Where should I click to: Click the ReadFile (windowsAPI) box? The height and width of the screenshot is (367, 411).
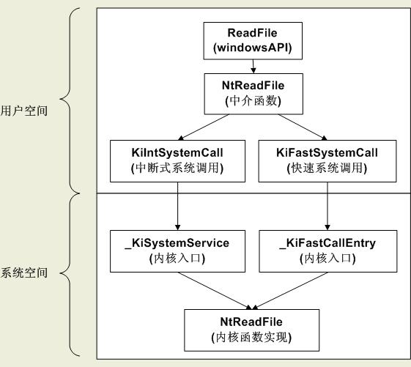click(253, 40)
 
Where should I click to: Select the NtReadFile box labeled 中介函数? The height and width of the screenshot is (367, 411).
click(253, 94)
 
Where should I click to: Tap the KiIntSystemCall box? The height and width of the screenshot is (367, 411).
click(178, 161)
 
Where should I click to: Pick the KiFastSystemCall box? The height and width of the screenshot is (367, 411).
click(327, 161)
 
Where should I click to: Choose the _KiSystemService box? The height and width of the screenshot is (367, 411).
click(178, 251)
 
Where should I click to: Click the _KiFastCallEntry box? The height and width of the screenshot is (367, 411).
click(328, 251)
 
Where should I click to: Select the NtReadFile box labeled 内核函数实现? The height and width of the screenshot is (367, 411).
click(251, 330)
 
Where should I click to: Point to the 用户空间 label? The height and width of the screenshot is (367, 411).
click(24, 111)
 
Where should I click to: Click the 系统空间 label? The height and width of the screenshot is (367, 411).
click(24, 273)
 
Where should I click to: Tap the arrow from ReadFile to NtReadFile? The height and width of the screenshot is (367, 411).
click(253, 67)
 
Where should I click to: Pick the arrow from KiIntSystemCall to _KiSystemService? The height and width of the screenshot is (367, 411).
click(178, 206)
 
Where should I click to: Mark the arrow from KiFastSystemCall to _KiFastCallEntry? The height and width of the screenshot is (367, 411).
click(327, 206)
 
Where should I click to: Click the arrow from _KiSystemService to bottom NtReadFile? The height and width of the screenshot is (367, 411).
click(215, 291)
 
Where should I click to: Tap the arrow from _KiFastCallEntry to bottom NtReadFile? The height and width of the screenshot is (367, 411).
click(290, 291)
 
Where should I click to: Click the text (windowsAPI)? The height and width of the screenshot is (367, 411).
click(253, 48)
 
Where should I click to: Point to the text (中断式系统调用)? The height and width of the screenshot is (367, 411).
click(177, 168)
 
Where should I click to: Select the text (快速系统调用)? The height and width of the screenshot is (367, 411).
click(327, 168)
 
